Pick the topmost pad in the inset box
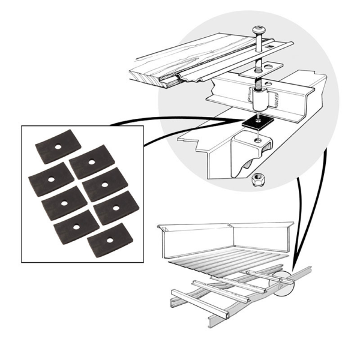57,148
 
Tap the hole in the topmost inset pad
57,148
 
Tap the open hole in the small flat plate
266,64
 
